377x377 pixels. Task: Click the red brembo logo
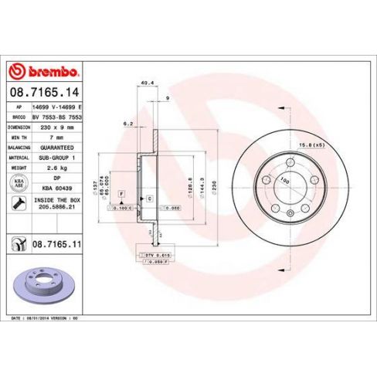point(43,72)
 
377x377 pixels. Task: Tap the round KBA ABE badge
point(18,182)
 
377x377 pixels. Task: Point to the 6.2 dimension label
point(129,123)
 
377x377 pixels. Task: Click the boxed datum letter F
point(121,194)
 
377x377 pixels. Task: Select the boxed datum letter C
point(149,200)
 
